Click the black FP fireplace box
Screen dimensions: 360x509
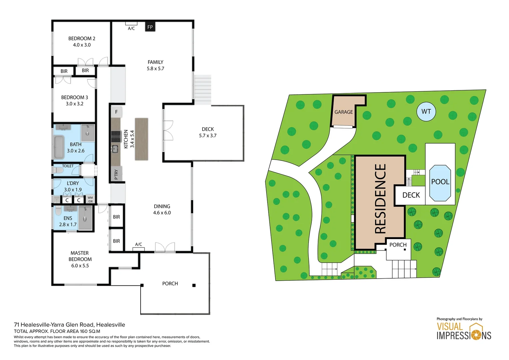click(150, 27)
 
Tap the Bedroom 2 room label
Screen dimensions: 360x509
click(82, 38)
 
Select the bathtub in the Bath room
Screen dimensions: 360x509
click(59, 147)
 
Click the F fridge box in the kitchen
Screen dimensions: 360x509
click(116, 112)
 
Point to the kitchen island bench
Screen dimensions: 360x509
click(142, 139)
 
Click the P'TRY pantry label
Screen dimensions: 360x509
click(116, 174)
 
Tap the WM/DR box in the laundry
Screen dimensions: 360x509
click(90, 199)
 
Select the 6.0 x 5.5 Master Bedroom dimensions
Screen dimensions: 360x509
click(80, 266)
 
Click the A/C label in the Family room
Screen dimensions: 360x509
click(131, 28)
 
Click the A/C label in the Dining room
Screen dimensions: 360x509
click(139, 244)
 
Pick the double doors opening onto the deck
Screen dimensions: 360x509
click(168, 130)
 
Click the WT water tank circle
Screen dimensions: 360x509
click(426, 112)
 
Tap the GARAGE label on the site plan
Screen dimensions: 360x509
click(343, 112)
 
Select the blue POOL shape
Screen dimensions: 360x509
click(440, 183)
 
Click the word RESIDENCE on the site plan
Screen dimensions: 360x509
click(380, 198)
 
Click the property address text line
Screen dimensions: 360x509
click(69, 325)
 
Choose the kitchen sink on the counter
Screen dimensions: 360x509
click(115, 149)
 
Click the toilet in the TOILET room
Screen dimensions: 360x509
click(58, 170)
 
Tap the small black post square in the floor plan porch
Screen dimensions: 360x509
click(194, 285)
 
